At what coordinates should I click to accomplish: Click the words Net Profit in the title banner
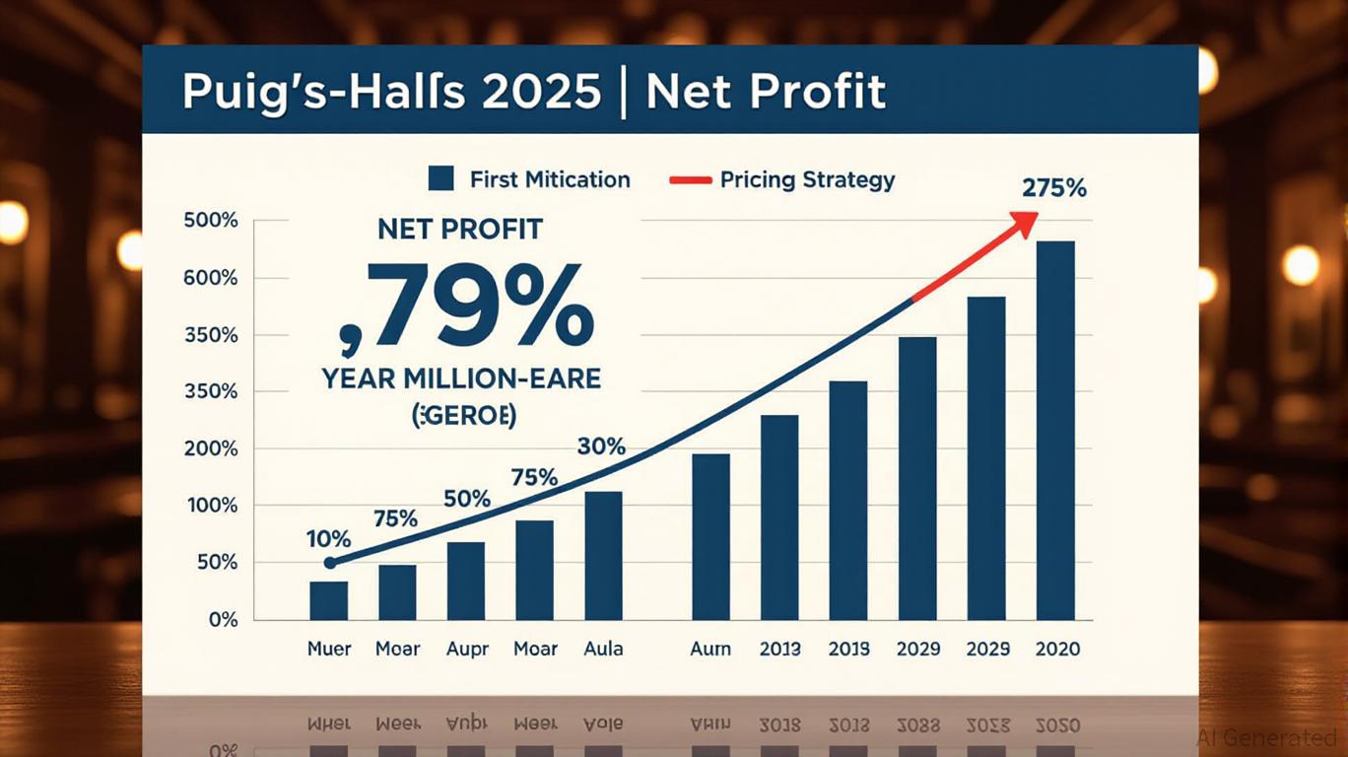[766, 92]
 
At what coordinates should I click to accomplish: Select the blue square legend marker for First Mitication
[440, 179]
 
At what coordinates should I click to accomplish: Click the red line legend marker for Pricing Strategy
[690, 180]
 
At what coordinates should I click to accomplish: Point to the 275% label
[1053, 187]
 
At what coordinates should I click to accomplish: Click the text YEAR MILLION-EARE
[461, 378]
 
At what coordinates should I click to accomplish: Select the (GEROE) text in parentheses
[462, 416]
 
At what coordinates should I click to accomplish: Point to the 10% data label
[328, 539]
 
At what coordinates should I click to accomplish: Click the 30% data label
[601, 447]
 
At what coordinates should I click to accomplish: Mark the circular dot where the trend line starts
[330, 563]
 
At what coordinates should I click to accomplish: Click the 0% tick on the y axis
[224, 620]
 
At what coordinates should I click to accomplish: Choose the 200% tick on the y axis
[212, 448]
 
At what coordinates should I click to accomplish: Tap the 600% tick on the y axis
[212, 278]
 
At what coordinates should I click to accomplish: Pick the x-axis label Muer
[329, 649]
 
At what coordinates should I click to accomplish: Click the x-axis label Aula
[603, 649]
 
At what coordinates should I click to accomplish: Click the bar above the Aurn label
[711, 536]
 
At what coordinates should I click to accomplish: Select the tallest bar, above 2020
[1055, 431]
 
